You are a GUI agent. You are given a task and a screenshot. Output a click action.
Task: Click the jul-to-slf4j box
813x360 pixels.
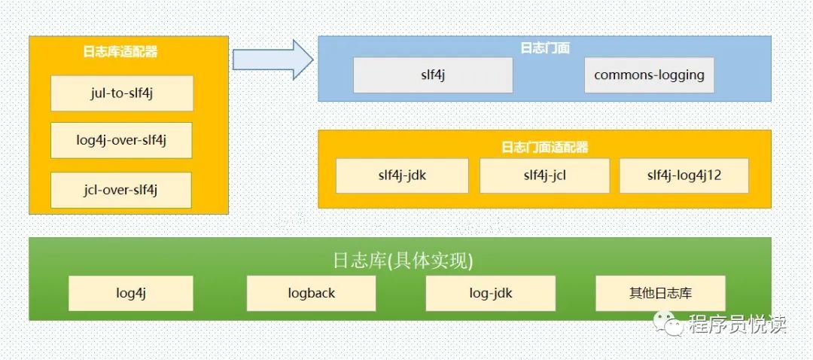[122, 93]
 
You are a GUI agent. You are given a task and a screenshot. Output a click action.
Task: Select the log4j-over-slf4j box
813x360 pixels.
[122, 141]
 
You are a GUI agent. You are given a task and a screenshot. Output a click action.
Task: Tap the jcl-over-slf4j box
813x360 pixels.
[122, 190]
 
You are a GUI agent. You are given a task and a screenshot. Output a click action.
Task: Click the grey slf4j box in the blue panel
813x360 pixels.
[433, 75]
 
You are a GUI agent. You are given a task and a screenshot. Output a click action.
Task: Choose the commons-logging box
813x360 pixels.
[649, 75]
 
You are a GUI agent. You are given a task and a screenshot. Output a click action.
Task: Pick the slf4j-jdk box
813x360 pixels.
[402, 175]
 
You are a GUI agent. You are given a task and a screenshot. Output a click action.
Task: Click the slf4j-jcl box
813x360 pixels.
[544, 175]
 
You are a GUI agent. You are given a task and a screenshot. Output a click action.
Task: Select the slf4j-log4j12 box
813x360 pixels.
[684, 175]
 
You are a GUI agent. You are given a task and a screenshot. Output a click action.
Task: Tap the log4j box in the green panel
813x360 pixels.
[131, 293]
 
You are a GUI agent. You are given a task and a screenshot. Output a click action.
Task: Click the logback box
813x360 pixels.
[311, 293]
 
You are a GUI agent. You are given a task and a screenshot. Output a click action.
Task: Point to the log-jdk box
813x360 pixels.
[490, 293]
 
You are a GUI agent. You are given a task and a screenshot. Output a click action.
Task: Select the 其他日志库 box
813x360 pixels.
[660, 293]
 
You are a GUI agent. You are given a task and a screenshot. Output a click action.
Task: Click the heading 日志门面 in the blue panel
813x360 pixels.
[545, 47]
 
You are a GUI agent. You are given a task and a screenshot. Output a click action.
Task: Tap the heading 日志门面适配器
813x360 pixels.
[544, 147]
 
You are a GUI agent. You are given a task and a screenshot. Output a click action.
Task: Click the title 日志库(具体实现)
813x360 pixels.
[403, 261]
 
